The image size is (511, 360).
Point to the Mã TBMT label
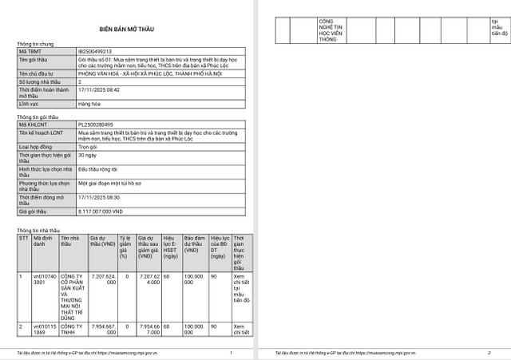30,51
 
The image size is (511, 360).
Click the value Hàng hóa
90,104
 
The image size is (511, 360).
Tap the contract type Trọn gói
89,147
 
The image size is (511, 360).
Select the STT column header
23,238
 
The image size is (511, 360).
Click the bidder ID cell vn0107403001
44,279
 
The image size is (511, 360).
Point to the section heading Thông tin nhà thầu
41,230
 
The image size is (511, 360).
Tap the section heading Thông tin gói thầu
39,117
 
